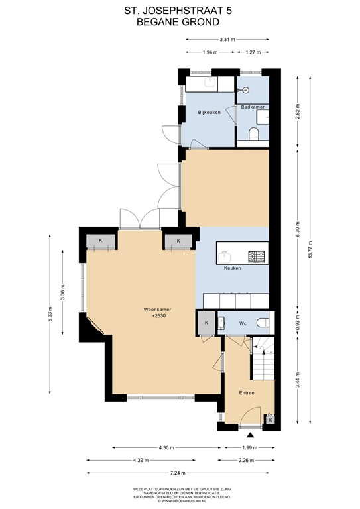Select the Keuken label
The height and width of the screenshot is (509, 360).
click(x=232, y=268)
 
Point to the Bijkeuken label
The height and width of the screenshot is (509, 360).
click(x=210, y=113)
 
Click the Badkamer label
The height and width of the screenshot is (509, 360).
click(x=253, y=107)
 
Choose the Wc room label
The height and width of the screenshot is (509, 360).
click(x=243, y=323)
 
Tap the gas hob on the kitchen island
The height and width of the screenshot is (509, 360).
click(x=256, y=255)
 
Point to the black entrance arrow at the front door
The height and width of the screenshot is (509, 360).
click(x=251, y=435)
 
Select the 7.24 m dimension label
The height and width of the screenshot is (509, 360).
click(x=177, y=473)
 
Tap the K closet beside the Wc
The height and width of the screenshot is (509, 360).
click(x=206, y=323)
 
